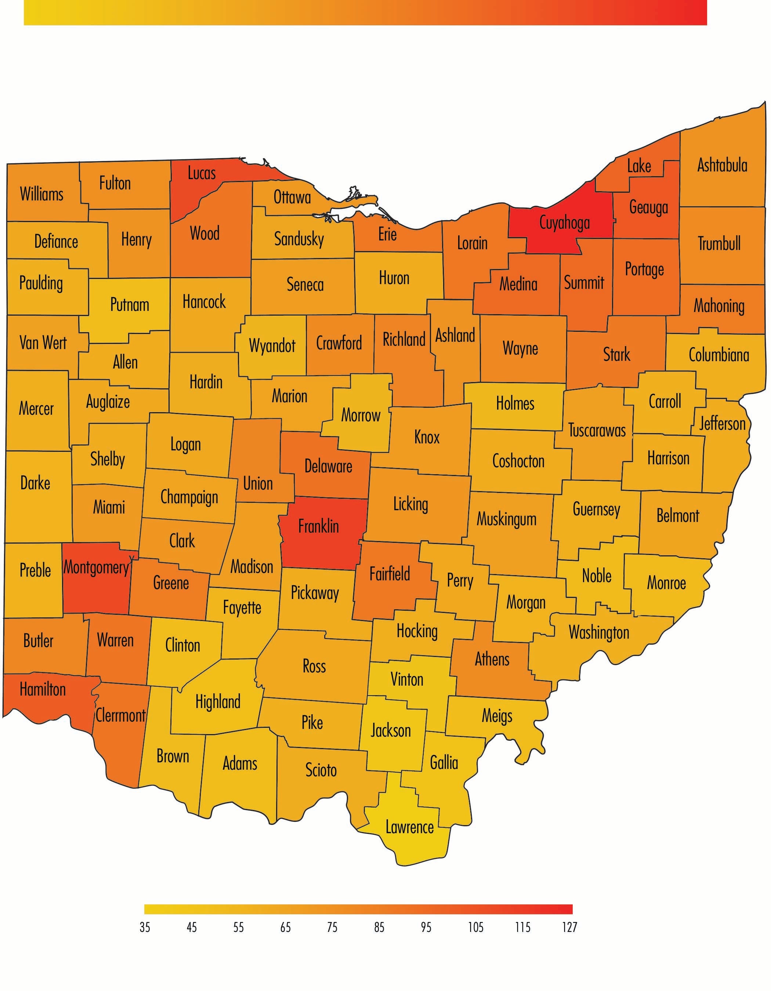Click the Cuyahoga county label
[565, 223]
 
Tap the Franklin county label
[319, 526]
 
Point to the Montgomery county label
[97, 567]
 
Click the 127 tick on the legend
[569, 927]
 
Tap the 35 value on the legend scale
[145, 927]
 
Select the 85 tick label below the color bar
[379, 927]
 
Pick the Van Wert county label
[43, 342]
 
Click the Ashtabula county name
[722, 165]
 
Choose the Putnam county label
[130, 305]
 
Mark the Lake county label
[639, 166]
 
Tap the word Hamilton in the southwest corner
[43, 690]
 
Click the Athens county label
[492, 659]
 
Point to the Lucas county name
[202, 173]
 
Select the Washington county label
[599, 632]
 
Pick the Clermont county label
[121, 716]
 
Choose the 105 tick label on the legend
[475, 927]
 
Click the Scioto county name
[321, 770]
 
